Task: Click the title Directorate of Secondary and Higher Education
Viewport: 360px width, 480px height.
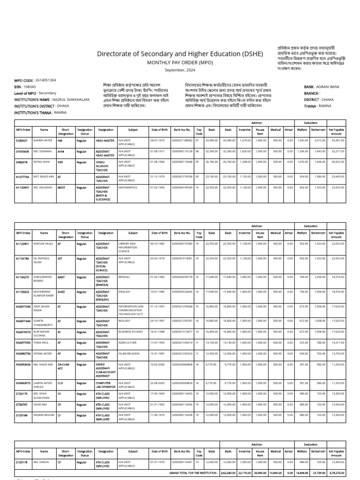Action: [180, 54]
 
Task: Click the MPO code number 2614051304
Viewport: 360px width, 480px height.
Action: [46, 80]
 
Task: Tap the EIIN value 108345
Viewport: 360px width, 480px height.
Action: [30, 87]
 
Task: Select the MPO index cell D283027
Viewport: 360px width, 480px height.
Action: [22, 140]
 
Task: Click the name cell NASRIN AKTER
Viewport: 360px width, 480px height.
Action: [41, 140]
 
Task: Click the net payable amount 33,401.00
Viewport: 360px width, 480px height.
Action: [337, 140]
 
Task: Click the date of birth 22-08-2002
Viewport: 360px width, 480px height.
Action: [158, 383]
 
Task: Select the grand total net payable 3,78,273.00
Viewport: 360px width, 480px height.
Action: [337, 472]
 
